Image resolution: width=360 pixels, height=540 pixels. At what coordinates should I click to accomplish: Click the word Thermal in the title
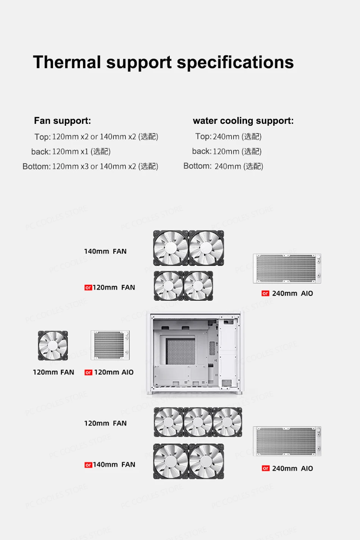coord(67,62)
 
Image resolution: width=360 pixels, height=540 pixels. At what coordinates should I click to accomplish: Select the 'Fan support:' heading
coord(63,121)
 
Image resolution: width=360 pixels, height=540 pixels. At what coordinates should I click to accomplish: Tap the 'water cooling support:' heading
coord(243,121)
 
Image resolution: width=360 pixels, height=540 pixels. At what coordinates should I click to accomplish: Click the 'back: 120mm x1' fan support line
coord(71,151)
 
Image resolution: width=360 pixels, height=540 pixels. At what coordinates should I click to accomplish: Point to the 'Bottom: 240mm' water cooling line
coord(223,166)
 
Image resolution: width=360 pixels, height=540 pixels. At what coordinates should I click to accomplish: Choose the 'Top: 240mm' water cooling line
coord(228,136)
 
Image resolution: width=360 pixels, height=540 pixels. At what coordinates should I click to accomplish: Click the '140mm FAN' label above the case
coord(105,251)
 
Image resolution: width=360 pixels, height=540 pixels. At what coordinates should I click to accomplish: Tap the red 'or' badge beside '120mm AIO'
coord(88,373)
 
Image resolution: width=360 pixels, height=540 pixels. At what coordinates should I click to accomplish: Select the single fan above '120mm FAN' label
coord(53,345)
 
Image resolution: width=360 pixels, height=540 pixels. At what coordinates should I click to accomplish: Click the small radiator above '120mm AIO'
coord(110,345)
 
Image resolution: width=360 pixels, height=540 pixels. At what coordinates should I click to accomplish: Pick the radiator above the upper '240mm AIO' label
coord(287,268)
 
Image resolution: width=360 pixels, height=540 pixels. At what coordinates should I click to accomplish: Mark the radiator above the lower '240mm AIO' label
coord(287,441)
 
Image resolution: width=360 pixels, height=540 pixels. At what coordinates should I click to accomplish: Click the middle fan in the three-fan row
coord(198,422)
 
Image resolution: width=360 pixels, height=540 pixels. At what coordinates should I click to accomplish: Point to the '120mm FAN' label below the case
coord(105,423)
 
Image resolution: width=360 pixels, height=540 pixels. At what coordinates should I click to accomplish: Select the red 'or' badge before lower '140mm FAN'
coord(88,465)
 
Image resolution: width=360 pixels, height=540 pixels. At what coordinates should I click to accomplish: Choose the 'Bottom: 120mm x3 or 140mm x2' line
coord(90,167)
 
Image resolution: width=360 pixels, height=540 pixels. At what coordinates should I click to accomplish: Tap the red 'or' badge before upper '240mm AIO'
coord(265,293)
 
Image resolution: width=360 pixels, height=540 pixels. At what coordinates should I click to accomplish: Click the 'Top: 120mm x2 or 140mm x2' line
coord(96,137)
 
